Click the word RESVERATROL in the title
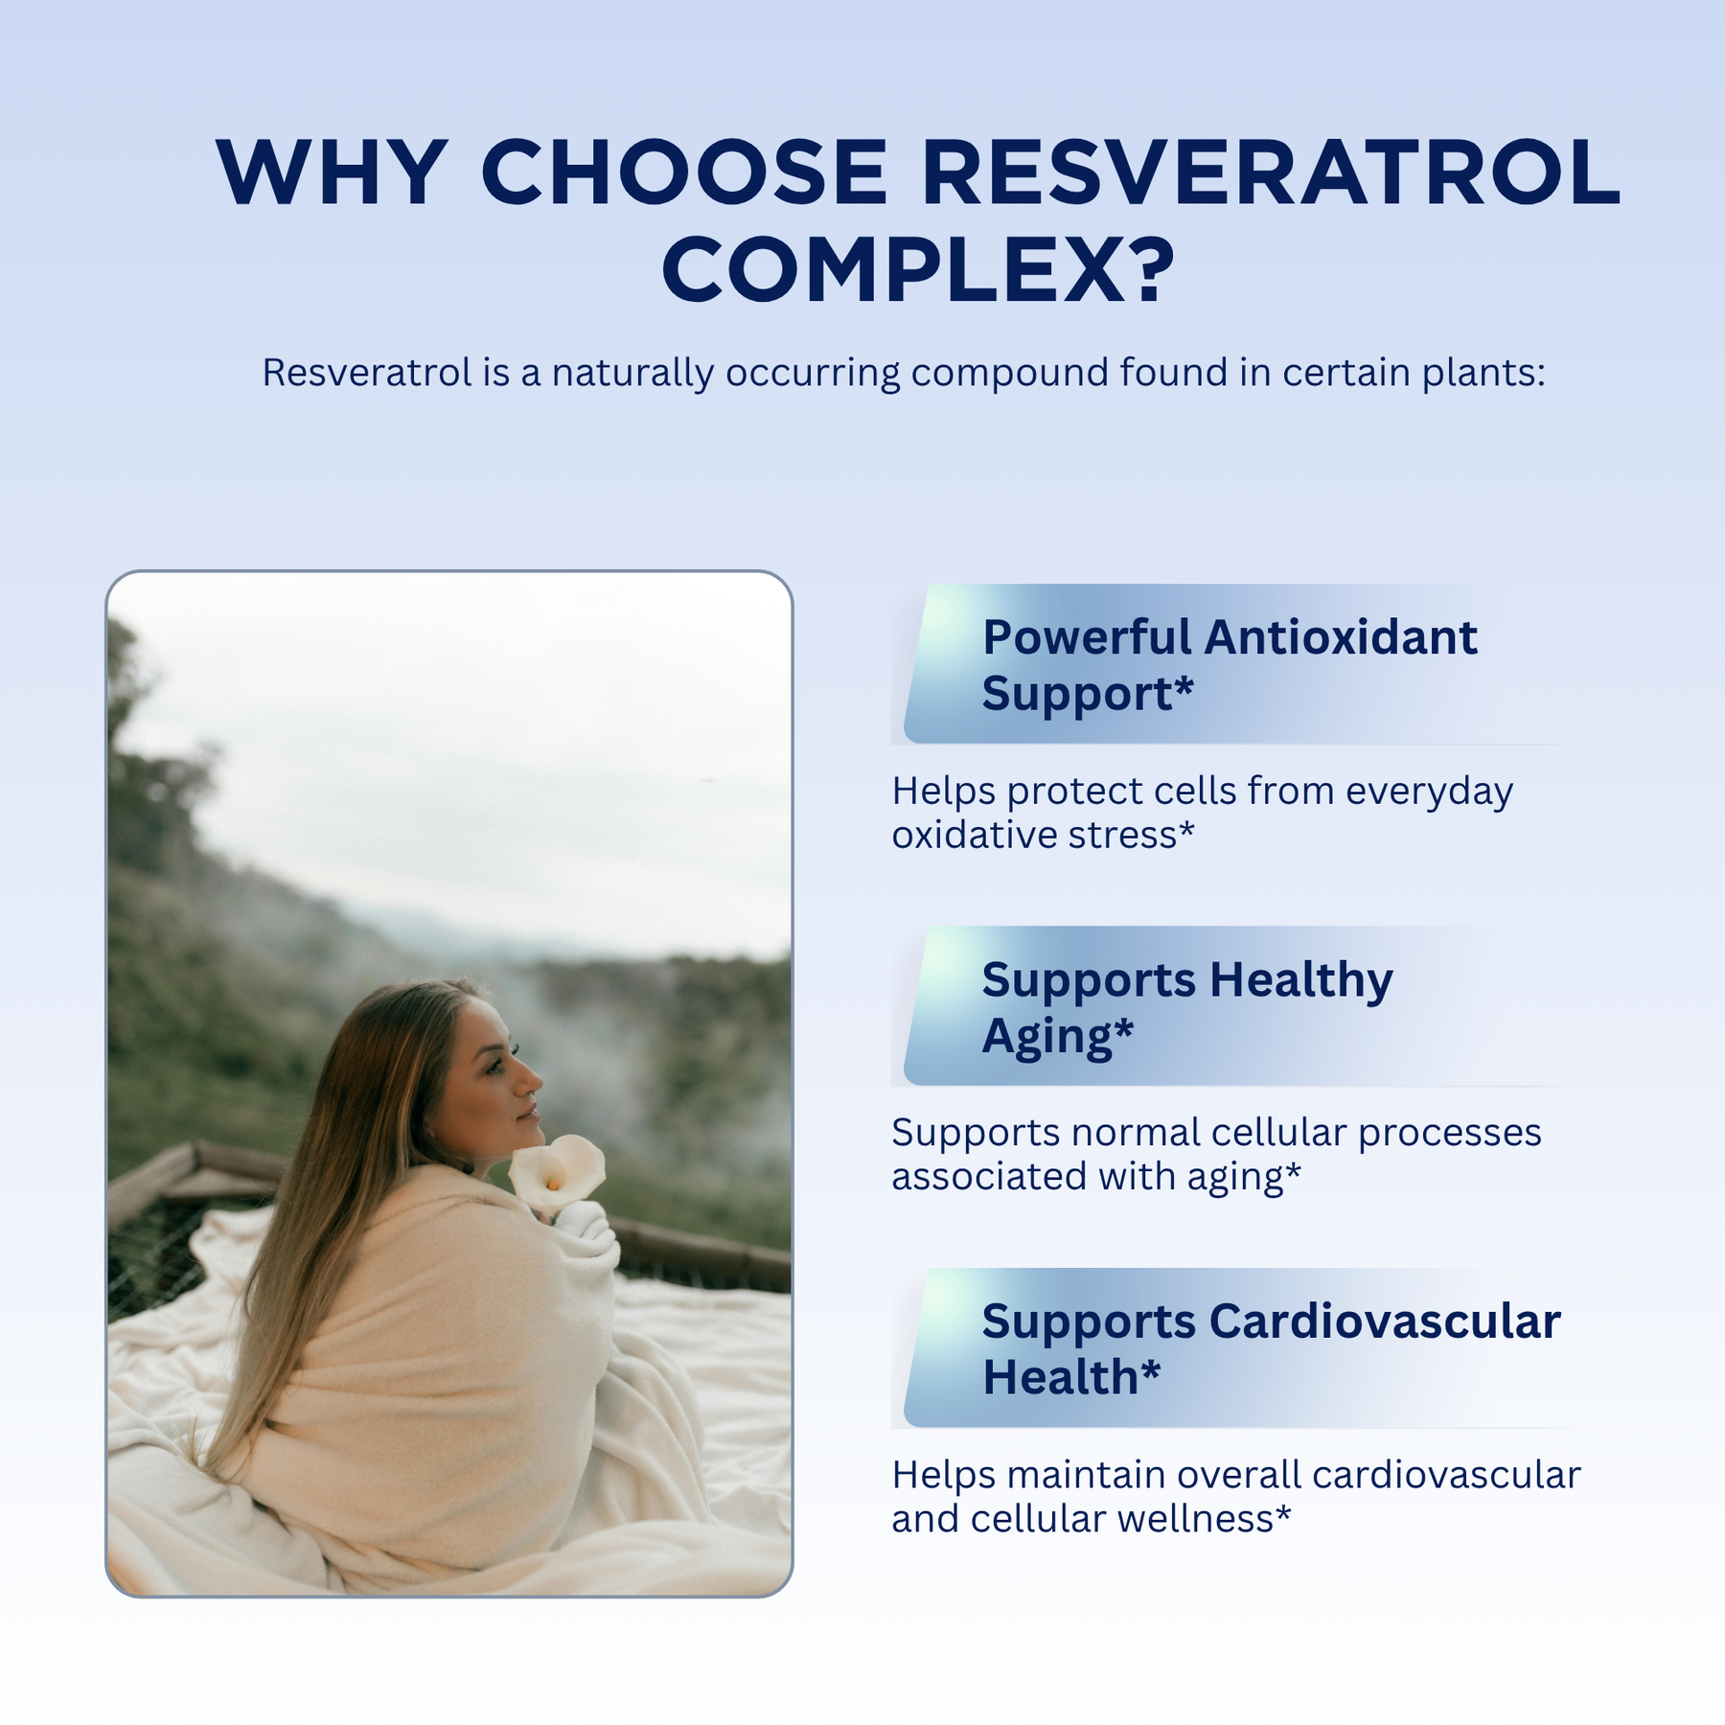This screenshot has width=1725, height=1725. [1271, 172]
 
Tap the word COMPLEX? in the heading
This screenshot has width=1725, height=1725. [918, 270]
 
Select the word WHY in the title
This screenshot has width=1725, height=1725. [332, 172]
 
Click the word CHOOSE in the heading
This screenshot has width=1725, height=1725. [684, 172]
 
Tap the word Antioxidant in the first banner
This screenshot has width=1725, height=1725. [1341, 637]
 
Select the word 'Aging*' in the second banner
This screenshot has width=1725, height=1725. [1058, 1038]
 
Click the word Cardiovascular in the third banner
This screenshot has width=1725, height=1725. [1385, 1322]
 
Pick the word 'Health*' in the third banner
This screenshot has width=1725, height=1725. [1071, 1377]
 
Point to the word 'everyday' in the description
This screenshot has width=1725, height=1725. [1429, 793]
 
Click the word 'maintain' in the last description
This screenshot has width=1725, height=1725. [1086, 1476]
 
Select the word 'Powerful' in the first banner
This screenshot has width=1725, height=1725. [1086, 637]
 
